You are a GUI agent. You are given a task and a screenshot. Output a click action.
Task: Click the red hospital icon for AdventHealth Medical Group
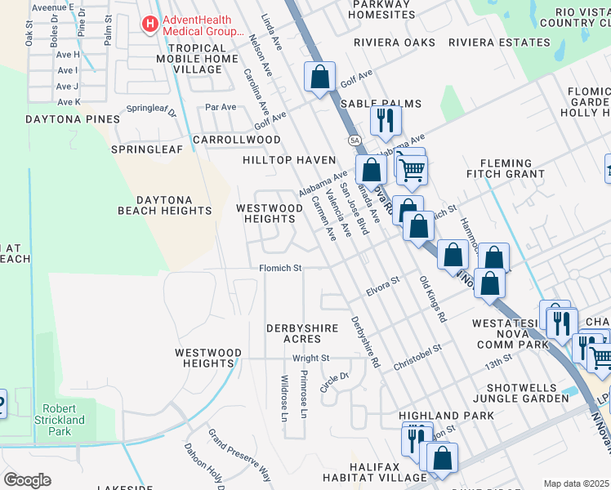(149, 24)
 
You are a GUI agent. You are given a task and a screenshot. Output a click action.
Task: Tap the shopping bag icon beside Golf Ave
(320, 78)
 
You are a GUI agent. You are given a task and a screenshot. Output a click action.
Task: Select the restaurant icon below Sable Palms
(384, 121)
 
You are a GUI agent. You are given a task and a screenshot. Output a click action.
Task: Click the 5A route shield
(355, 140)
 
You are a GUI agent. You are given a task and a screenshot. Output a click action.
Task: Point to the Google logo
(27, 480)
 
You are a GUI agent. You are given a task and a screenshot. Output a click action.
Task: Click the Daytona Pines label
(61, 119)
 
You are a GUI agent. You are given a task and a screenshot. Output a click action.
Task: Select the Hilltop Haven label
(289, 161)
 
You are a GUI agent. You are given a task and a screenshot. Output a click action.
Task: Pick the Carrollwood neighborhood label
(237, 140)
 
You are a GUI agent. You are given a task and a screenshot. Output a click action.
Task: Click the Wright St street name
(310, 358)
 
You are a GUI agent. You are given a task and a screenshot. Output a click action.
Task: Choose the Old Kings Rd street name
(433, 299)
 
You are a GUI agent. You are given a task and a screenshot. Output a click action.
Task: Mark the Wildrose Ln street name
(284, 398)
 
